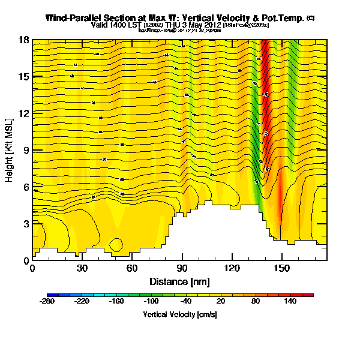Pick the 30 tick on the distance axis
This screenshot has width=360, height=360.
click(82, 268)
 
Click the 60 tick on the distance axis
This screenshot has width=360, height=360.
click(132, 268)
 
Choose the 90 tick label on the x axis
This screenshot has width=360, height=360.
click(182, 268)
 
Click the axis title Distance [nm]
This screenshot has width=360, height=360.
click(179, 281)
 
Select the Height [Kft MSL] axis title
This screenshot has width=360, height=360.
click(10, 150)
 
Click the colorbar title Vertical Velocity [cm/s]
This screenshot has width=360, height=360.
click(180, 314)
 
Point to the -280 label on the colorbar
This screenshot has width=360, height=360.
click(47, 301)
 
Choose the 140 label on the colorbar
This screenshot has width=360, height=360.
click(291, 301)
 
